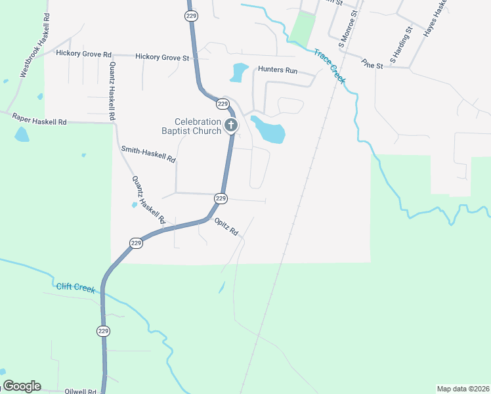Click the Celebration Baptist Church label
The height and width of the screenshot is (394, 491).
point(198,126)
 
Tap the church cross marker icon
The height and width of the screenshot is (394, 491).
point(230,125)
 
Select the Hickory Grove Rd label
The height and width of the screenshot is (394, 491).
point(84,54)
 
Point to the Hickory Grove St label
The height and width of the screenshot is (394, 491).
point(162,58)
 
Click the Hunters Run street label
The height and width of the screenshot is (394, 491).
point(278,70)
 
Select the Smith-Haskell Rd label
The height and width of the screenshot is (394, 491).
point(148,154)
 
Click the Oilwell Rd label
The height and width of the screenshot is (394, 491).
point(81,391)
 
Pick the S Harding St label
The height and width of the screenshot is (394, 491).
point(400,45)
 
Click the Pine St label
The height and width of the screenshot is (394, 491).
point(372,64)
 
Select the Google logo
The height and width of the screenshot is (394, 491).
point(21,386)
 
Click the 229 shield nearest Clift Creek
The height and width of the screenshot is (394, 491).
point(103,330)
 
